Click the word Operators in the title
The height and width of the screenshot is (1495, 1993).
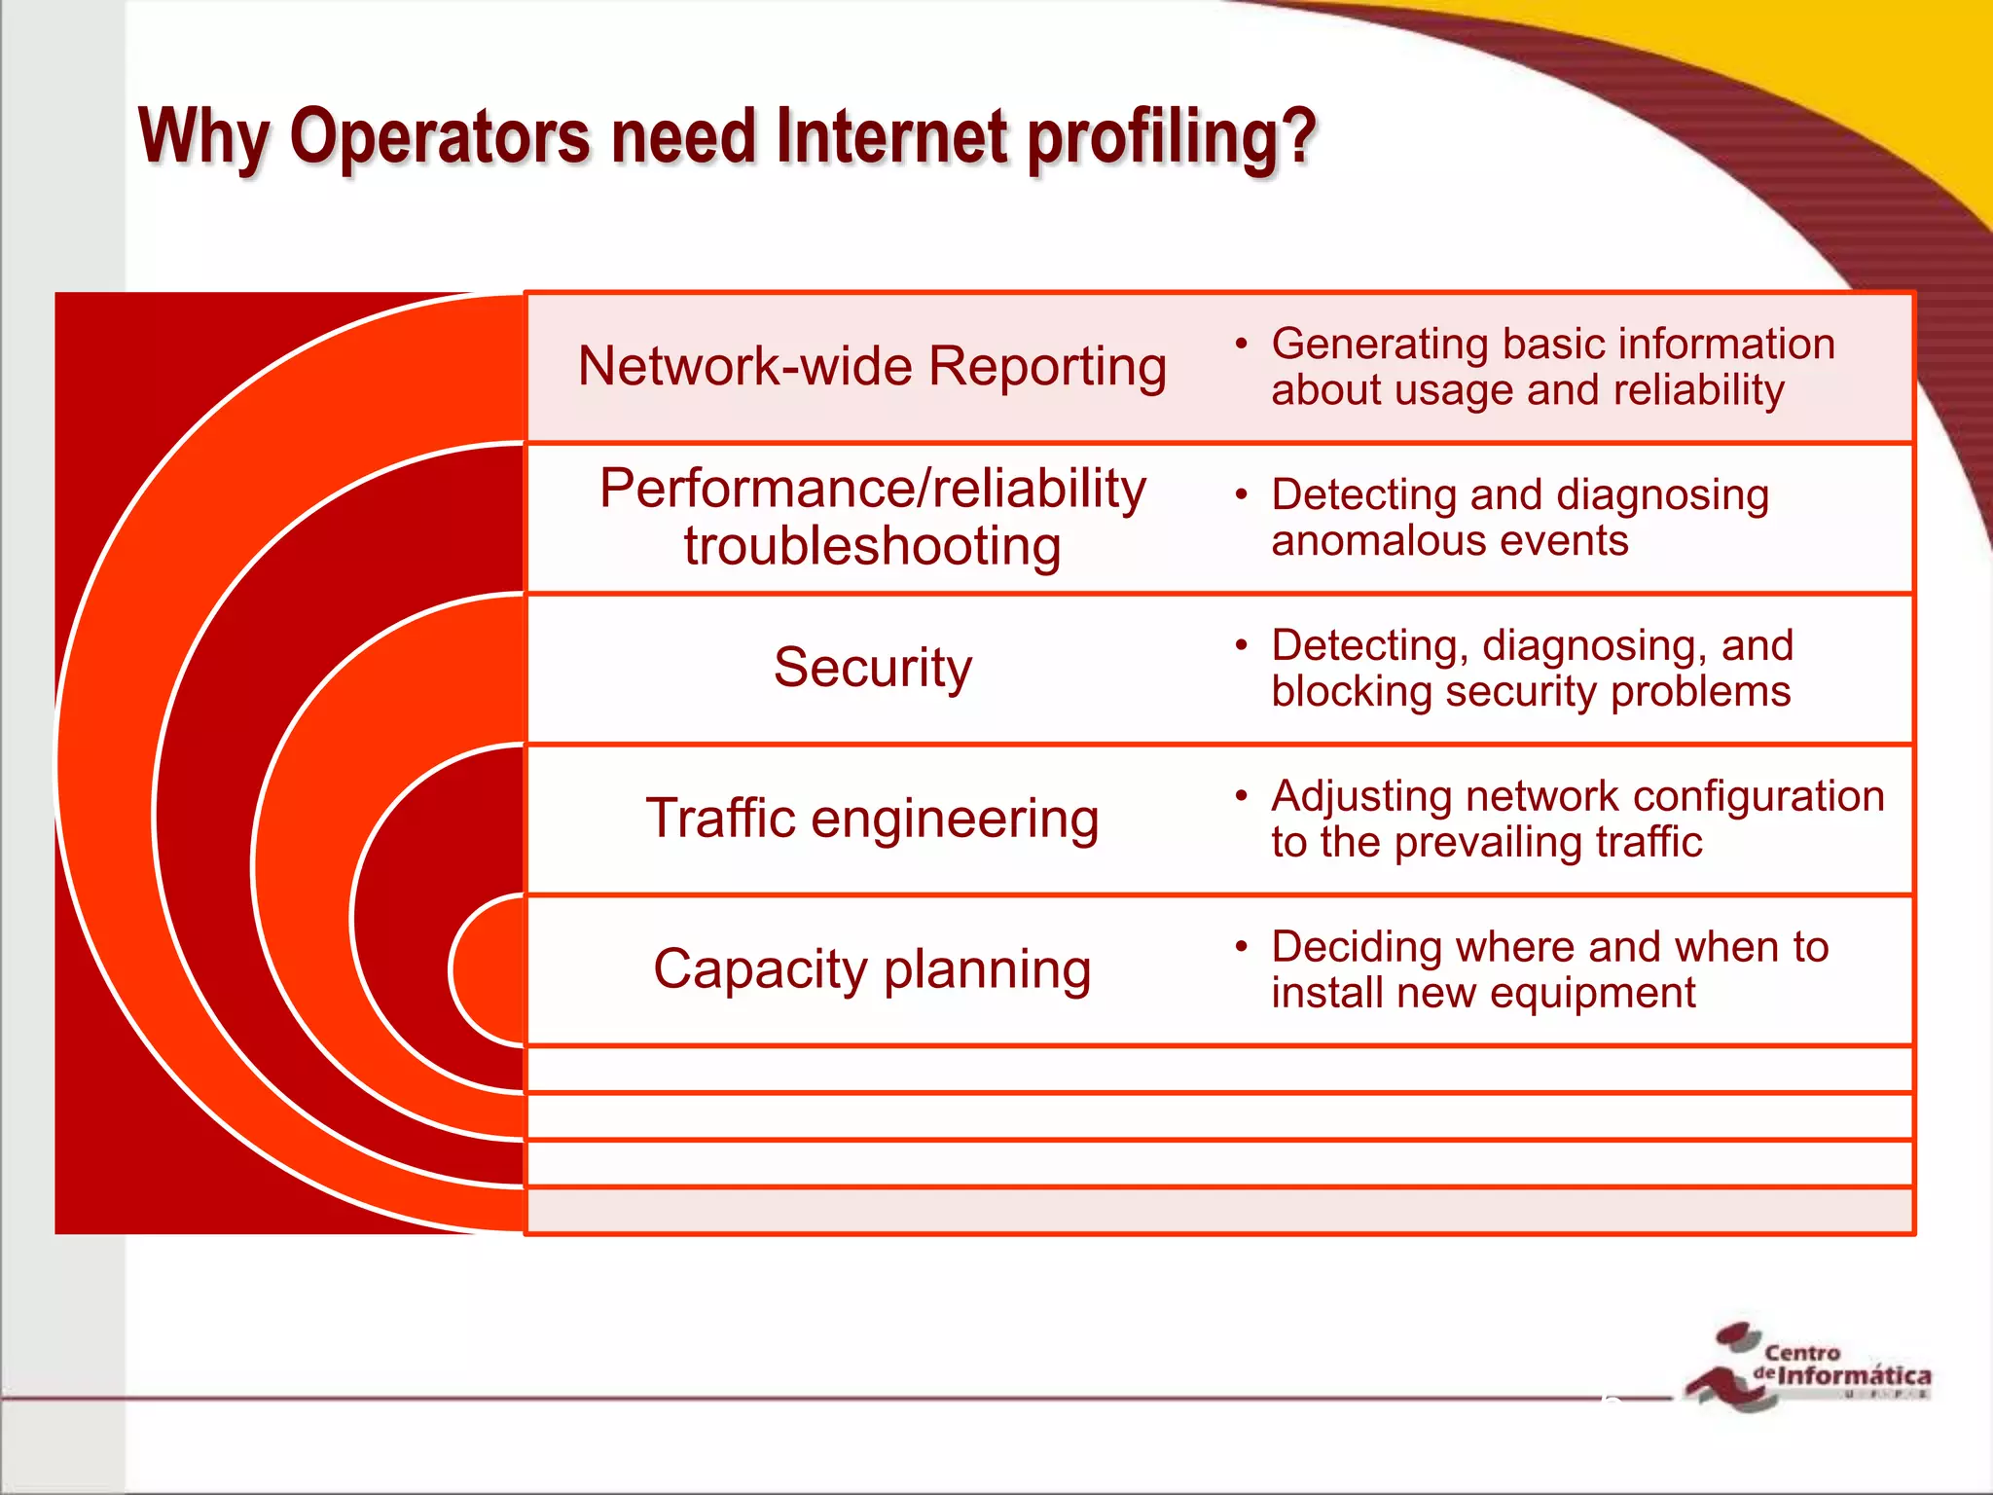click(440, 136)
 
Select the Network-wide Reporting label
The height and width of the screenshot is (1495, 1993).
click(872, 367)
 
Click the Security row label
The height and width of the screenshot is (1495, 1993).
click(872, 668)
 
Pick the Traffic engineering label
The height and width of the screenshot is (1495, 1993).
click(872, 819)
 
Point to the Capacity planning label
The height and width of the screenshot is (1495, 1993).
click(872, 969)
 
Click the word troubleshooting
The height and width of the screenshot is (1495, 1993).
click(872, 546)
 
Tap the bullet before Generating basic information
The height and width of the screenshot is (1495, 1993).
click(1241, 344)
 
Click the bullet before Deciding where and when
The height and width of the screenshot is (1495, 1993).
click(1241, 946)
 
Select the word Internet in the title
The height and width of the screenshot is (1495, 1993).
click(890, 136)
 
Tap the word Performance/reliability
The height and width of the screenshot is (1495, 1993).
click(872, 489)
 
